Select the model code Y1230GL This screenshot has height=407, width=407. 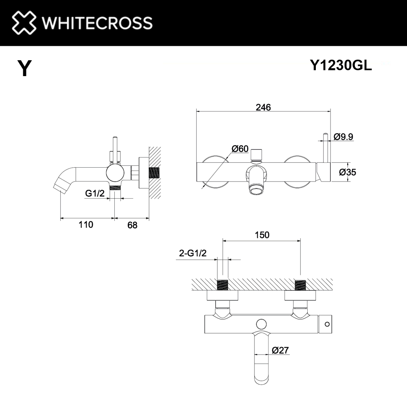click(341, 66)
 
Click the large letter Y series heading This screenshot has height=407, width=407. click(24, 68)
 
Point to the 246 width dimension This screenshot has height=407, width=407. click(263, 107)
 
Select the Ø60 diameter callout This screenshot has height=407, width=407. click(240, 149)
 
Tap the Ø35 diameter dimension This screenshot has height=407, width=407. click(348, 172)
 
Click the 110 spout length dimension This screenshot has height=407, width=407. click(86, 224)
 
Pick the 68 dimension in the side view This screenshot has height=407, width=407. click(132, 225)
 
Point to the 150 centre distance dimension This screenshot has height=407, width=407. click(261, 235)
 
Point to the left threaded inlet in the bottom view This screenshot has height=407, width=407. click(222, 285)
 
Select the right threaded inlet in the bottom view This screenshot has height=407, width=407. click(300, 285)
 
